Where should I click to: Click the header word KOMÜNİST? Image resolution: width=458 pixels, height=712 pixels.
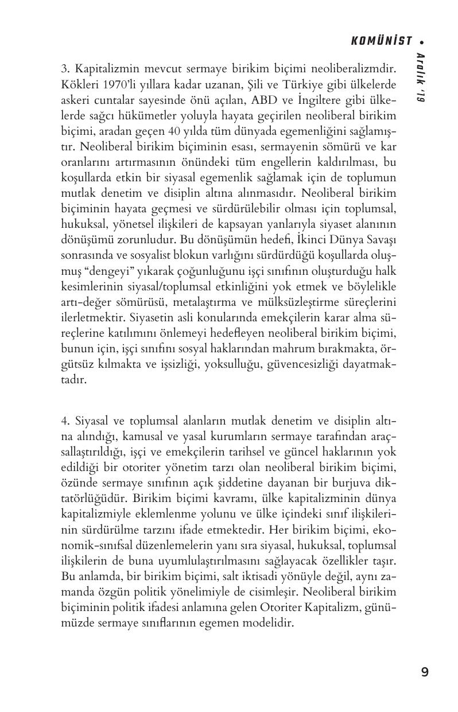pyautogui.click(x=381, y=41)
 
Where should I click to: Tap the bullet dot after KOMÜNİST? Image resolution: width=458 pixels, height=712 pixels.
pyautogui.click(x=422, y=41)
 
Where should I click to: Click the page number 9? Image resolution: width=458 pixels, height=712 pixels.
pyautogui.click(x=424, y=672)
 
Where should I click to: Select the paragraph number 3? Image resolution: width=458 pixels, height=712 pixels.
pyautogui.click(x=64, y=69)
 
